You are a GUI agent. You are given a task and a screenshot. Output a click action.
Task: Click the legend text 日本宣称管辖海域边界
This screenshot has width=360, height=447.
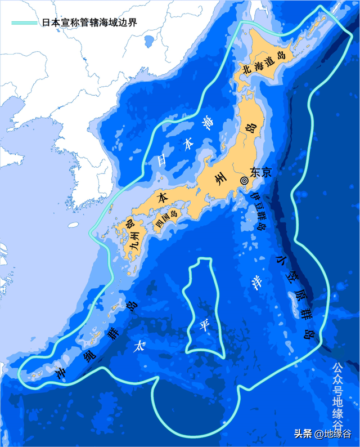(x=89, y=23)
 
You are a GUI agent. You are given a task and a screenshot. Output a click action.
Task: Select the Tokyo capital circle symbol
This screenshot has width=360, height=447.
(x=244, y=180)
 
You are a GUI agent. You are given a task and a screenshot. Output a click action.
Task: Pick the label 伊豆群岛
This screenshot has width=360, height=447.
(x=258, y=211)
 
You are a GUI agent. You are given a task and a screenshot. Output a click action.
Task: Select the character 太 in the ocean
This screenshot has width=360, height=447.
(x=137, y=345)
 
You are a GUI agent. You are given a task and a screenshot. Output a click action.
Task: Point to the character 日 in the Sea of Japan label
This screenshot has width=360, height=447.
(x=162, y=160)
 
